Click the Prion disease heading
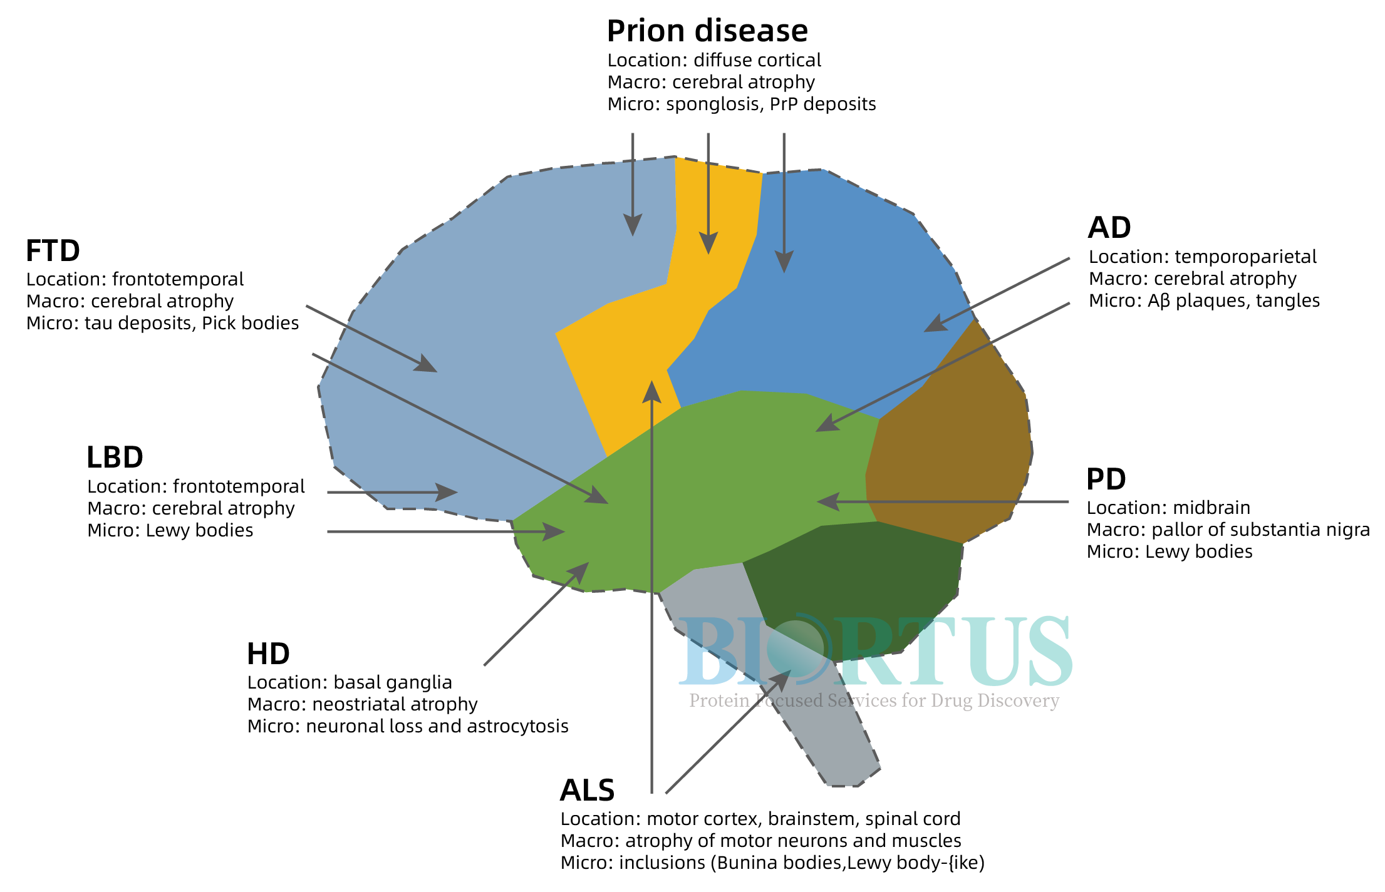tap(707, 31)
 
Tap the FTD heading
tap(53, 251)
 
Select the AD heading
tap(1109, 228)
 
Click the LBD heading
tap(115, 458)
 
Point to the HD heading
tap(268, 654)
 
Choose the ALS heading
tap(587, 790)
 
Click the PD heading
tap(1106, 479)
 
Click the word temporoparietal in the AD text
tap(1245, 257)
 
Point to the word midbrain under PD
tap(1211, 508)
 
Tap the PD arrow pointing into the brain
tap(943, 501)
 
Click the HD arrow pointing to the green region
tap(536, 613)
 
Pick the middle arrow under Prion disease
tap(708, 193)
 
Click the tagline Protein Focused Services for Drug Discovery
tap(874, 700)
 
